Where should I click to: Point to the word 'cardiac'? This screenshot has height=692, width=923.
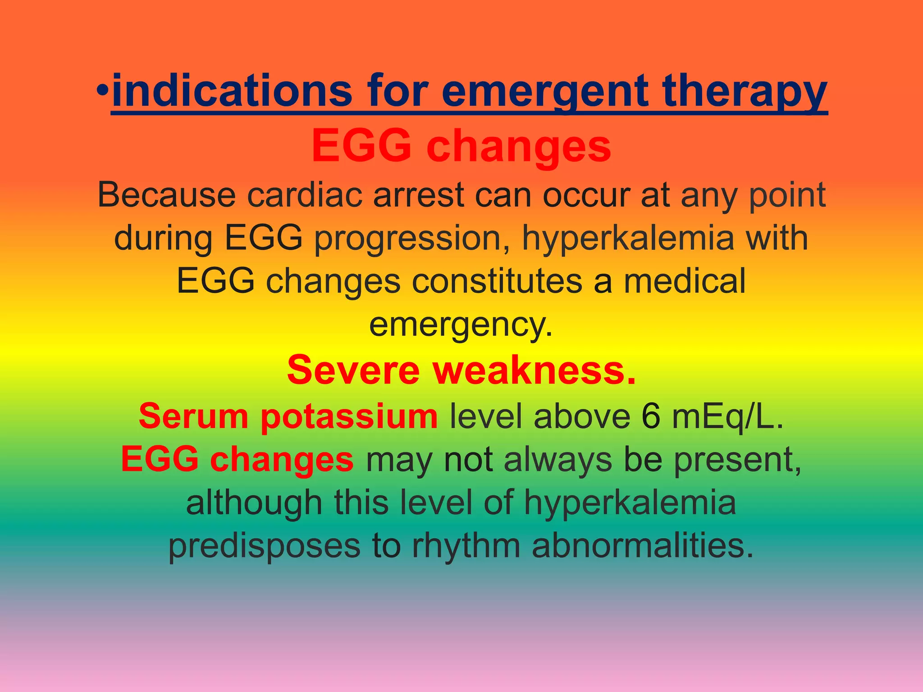[x=305, y=195]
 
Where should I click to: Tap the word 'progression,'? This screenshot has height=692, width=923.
[x=412, y=239]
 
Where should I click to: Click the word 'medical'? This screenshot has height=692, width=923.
[x=685, y=281]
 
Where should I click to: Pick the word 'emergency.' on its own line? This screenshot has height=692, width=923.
[x=461, y=324]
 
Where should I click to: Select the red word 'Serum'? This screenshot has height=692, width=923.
[x=193, y=416]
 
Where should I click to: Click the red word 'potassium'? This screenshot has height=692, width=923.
[x=349, y=416]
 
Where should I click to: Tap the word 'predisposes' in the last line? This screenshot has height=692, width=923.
[x=265, y=546]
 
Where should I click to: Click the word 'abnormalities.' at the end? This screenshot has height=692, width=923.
[x=643, y=546]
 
